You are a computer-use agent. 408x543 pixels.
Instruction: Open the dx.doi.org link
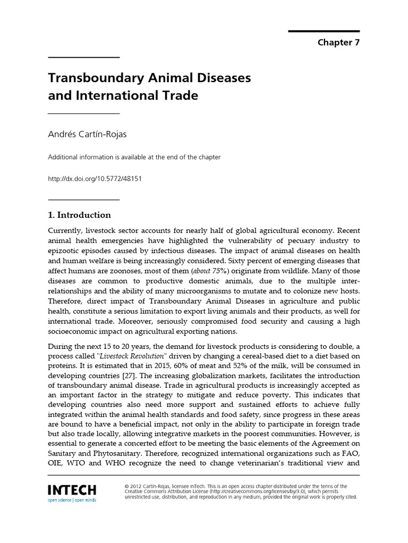tap(95, 179)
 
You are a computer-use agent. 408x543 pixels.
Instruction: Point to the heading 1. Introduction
tap(80, 215)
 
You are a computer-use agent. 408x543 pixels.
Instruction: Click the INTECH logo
tap(72, 490)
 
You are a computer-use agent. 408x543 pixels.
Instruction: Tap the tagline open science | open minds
tap(72, 500)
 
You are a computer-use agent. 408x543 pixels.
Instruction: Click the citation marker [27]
tap(140, 375)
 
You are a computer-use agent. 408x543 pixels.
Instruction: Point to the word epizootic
tap(64, 251)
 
